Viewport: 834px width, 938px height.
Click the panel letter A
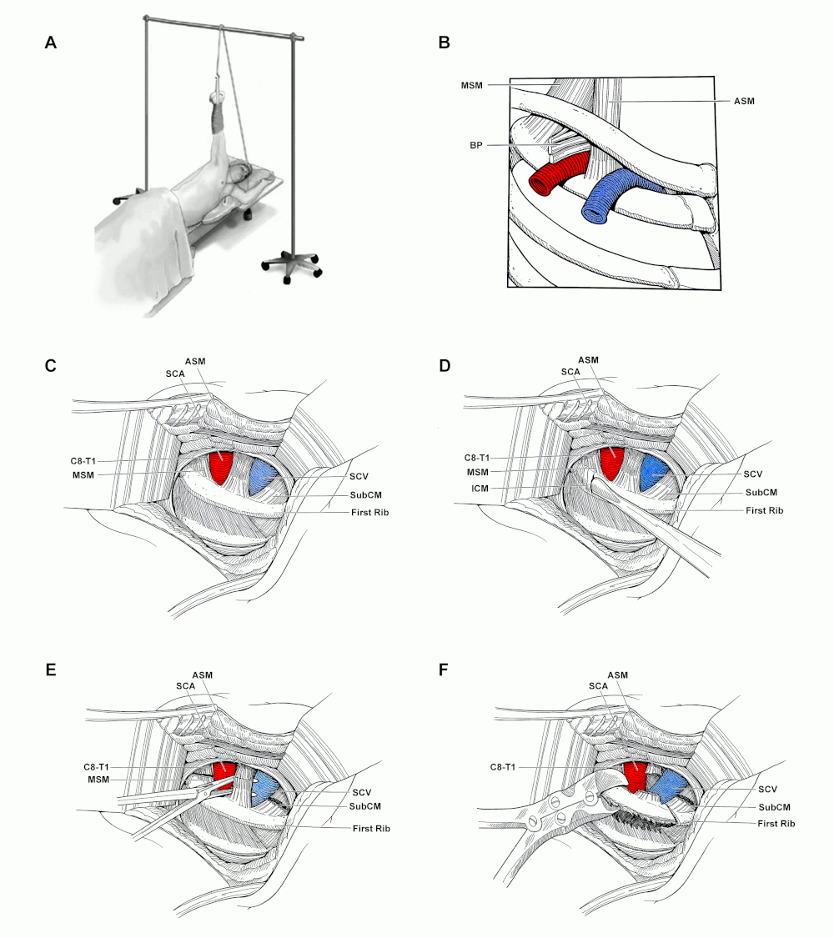51,43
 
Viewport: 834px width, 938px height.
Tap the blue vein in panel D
653,471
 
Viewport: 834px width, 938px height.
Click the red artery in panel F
636,776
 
